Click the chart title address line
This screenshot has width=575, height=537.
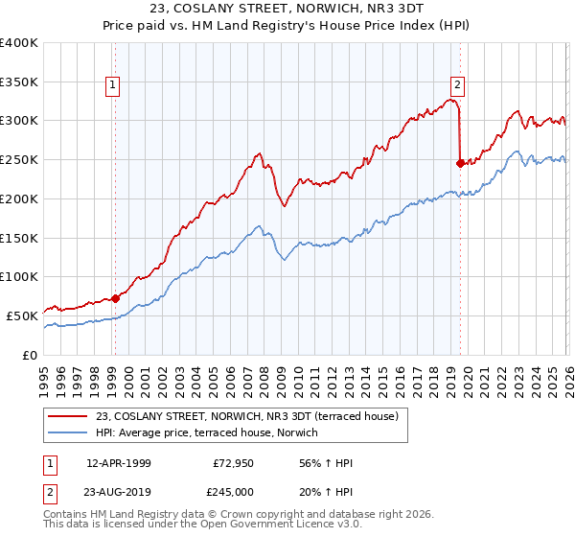pos(287,9)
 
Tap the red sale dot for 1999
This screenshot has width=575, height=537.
pos(116,297)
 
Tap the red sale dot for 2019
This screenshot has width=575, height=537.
pos(460,163)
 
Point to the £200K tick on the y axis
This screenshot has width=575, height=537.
pos(19,198)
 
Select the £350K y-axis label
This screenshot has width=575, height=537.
pos(19,82)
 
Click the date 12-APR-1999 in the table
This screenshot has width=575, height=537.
pos(119,462)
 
